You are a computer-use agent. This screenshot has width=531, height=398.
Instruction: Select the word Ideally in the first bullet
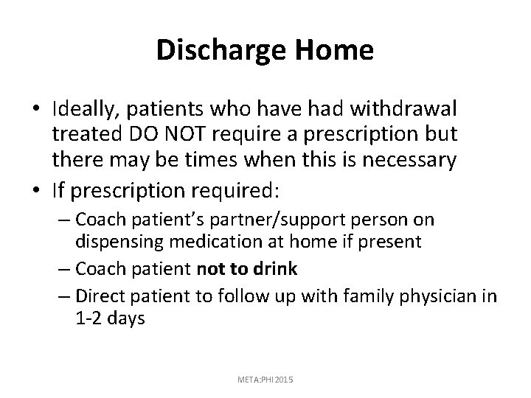coord(86,109)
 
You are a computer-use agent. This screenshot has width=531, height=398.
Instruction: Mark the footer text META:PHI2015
coord(265,378)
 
